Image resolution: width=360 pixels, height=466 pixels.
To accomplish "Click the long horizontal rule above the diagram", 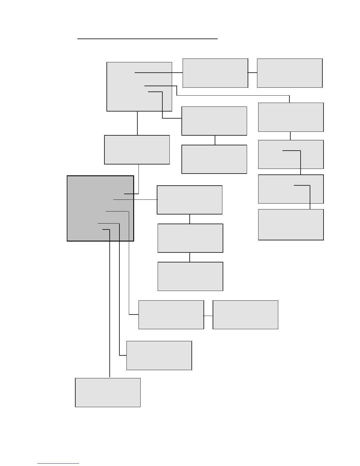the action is pos(147,39).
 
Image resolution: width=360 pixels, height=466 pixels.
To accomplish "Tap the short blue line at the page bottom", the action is pos(58,464).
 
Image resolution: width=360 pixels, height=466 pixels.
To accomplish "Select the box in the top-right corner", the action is pos(290,73).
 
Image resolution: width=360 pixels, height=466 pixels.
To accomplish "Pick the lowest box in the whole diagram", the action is pos(108,392).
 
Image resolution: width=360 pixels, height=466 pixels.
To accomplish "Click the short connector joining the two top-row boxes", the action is pos(252,73).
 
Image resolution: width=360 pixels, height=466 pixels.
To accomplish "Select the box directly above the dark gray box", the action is pos(137,150).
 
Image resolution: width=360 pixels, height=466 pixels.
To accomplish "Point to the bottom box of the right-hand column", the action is pos(291,224).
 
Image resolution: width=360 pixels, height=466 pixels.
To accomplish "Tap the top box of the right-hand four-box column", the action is pos(291,117).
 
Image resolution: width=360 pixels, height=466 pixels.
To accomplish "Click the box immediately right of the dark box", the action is pos(189,200).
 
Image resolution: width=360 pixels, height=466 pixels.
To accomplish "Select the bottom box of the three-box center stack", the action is pos(190,276).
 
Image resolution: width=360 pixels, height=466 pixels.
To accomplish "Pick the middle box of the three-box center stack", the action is pos(190,238).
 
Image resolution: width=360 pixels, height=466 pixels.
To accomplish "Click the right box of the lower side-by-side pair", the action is pos(245,314).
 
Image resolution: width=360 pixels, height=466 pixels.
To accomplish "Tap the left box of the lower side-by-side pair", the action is pos(171,314).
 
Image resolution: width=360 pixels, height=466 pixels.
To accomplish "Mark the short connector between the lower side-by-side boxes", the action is pos(208,316).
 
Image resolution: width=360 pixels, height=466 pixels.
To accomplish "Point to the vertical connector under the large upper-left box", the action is pos(137,123).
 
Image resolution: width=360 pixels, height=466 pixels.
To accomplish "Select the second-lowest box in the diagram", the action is pos(159,355).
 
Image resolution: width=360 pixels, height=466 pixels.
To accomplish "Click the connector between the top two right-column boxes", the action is pos(290,136).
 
